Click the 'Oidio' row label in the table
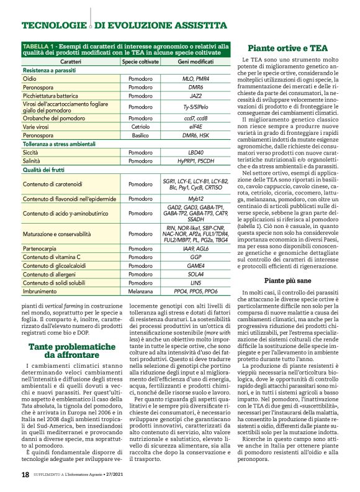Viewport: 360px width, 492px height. [x=30, y=80]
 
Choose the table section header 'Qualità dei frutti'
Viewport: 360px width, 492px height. [x=47, y=169]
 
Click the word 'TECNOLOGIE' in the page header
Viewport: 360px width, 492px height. [x=53, y=25]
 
